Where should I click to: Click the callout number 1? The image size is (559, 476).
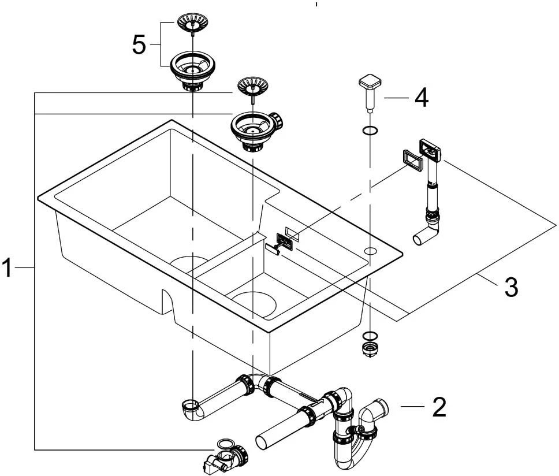coord(8,268)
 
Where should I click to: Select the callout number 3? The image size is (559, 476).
coord(510,287)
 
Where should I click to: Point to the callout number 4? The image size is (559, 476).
coord(421,98)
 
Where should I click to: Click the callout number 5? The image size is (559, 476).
coord(139,45)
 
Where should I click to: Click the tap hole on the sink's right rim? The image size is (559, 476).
coord(370,250)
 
